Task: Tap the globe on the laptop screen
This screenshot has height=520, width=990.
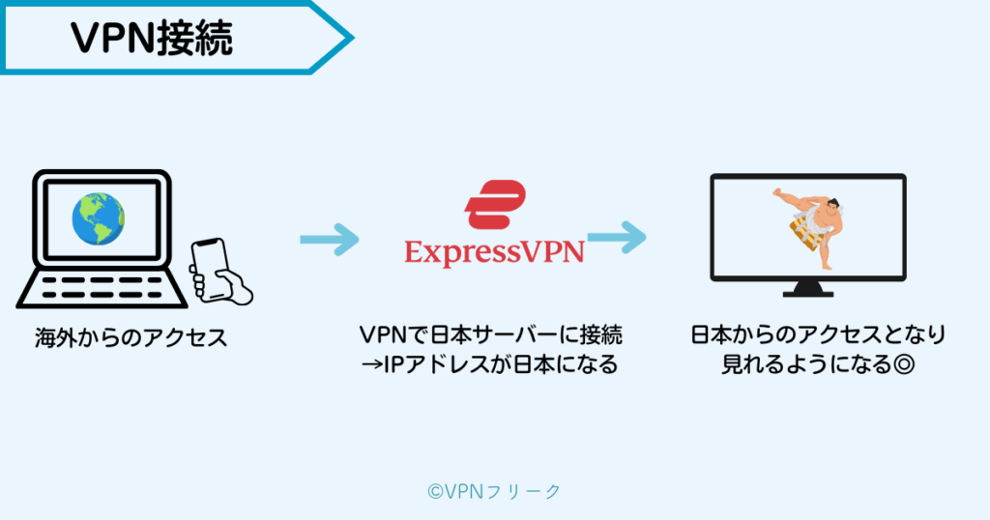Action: tap(98, 217)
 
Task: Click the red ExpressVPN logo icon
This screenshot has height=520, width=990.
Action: tap(494, 202)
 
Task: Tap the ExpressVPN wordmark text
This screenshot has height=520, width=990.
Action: tap(494, 252)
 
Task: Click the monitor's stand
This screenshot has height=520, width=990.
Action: tap(808, 286)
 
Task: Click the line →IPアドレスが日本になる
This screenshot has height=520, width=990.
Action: tap(494, 366)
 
